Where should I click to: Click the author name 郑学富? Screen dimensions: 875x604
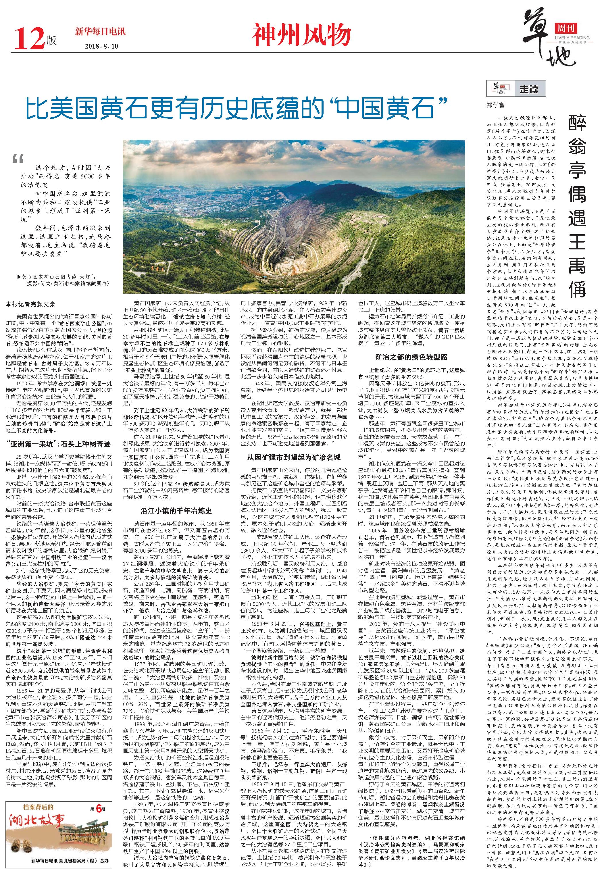495,105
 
